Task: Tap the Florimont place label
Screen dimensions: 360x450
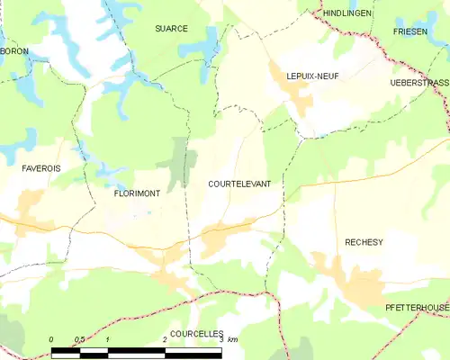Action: pyautogui.click(x=137, y=193)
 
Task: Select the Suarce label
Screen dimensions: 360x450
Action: pyautogui.click(x=170, y=29)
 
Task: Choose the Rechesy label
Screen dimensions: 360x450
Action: pyautogui.click(x=364, y=242)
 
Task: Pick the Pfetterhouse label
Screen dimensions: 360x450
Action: pyautogui.click(x=416, y=308)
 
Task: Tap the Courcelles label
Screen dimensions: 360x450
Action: pyautogui.click(x=196, y=333)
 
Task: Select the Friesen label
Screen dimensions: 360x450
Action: pyautogui.click(x=409, y=31)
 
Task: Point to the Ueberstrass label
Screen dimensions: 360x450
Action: pyautogui.click(x=419, y=82)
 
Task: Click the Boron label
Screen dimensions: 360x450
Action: pyautogui.click(x=14, y=51)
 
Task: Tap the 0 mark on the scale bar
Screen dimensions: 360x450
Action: pyautogui.click(x=51, y=339)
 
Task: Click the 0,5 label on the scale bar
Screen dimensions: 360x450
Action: pyautogui.click(x=79, y=339)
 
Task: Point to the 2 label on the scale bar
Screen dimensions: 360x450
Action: pyautogui.click(x=166, y=339)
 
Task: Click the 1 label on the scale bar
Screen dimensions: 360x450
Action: pyautogui.click(x=108, y=339)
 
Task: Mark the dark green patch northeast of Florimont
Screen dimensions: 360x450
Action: pyautogui.click(x=178, y=162)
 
